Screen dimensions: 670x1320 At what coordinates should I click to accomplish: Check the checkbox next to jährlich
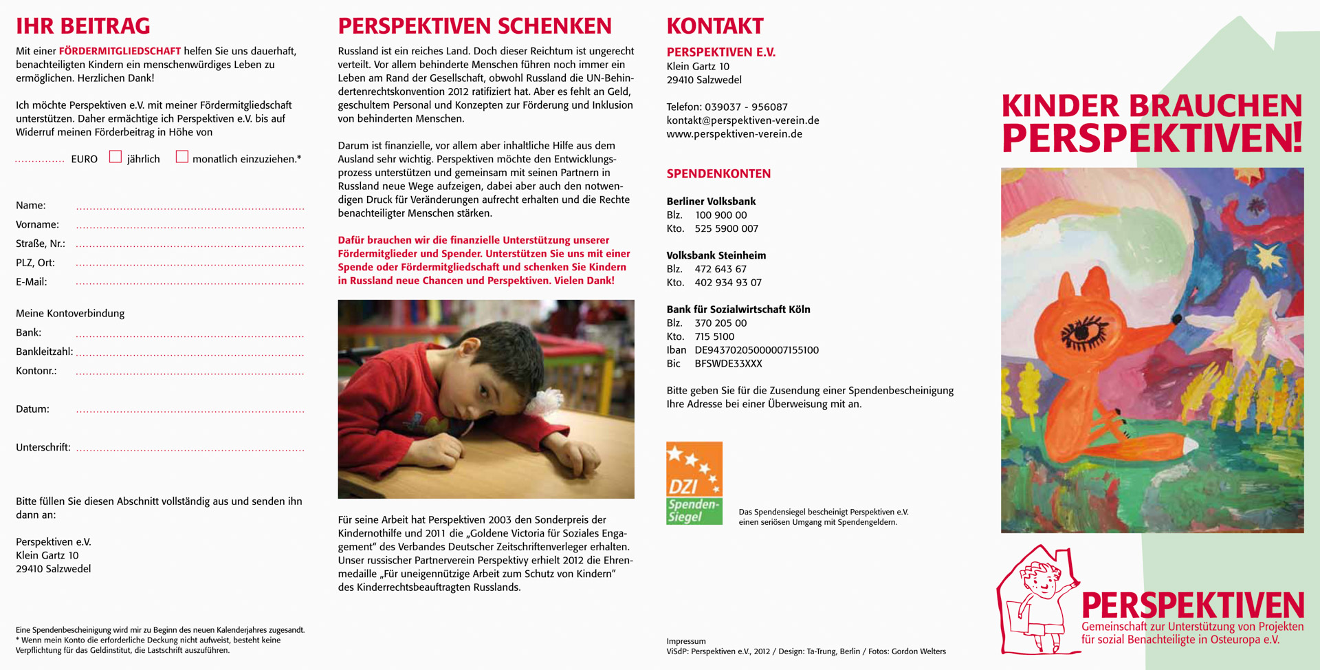(115, 157)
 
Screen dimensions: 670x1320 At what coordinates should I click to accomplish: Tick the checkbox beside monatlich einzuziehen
(181, 157)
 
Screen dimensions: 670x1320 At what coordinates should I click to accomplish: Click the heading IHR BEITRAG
(82, 26)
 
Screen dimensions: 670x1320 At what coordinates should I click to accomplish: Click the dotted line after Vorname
(190, 226)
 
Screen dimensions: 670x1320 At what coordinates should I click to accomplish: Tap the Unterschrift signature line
(190, 449)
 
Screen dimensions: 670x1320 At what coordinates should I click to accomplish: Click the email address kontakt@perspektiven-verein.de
(742, 120)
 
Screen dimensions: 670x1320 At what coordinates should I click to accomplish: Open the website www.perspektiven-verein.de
(734, 134)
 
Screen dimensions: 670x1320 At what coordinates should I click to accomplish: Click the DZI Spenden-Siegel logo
(694, 483)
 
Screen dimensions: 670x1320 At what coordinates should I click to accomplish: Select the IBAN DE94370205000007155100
(756, 350)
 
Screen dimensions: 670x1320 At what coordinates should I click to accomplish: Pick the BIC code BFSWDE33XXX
(728, 364)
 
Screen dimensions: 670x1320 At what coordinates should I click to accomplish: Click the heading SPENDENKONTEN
(718, 174)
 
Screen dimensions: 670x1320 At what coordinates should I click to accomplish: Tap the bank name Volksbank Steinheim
(716, 256)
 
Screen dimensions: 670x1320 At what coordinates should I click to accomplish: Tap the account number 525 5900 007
(726, 229)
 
